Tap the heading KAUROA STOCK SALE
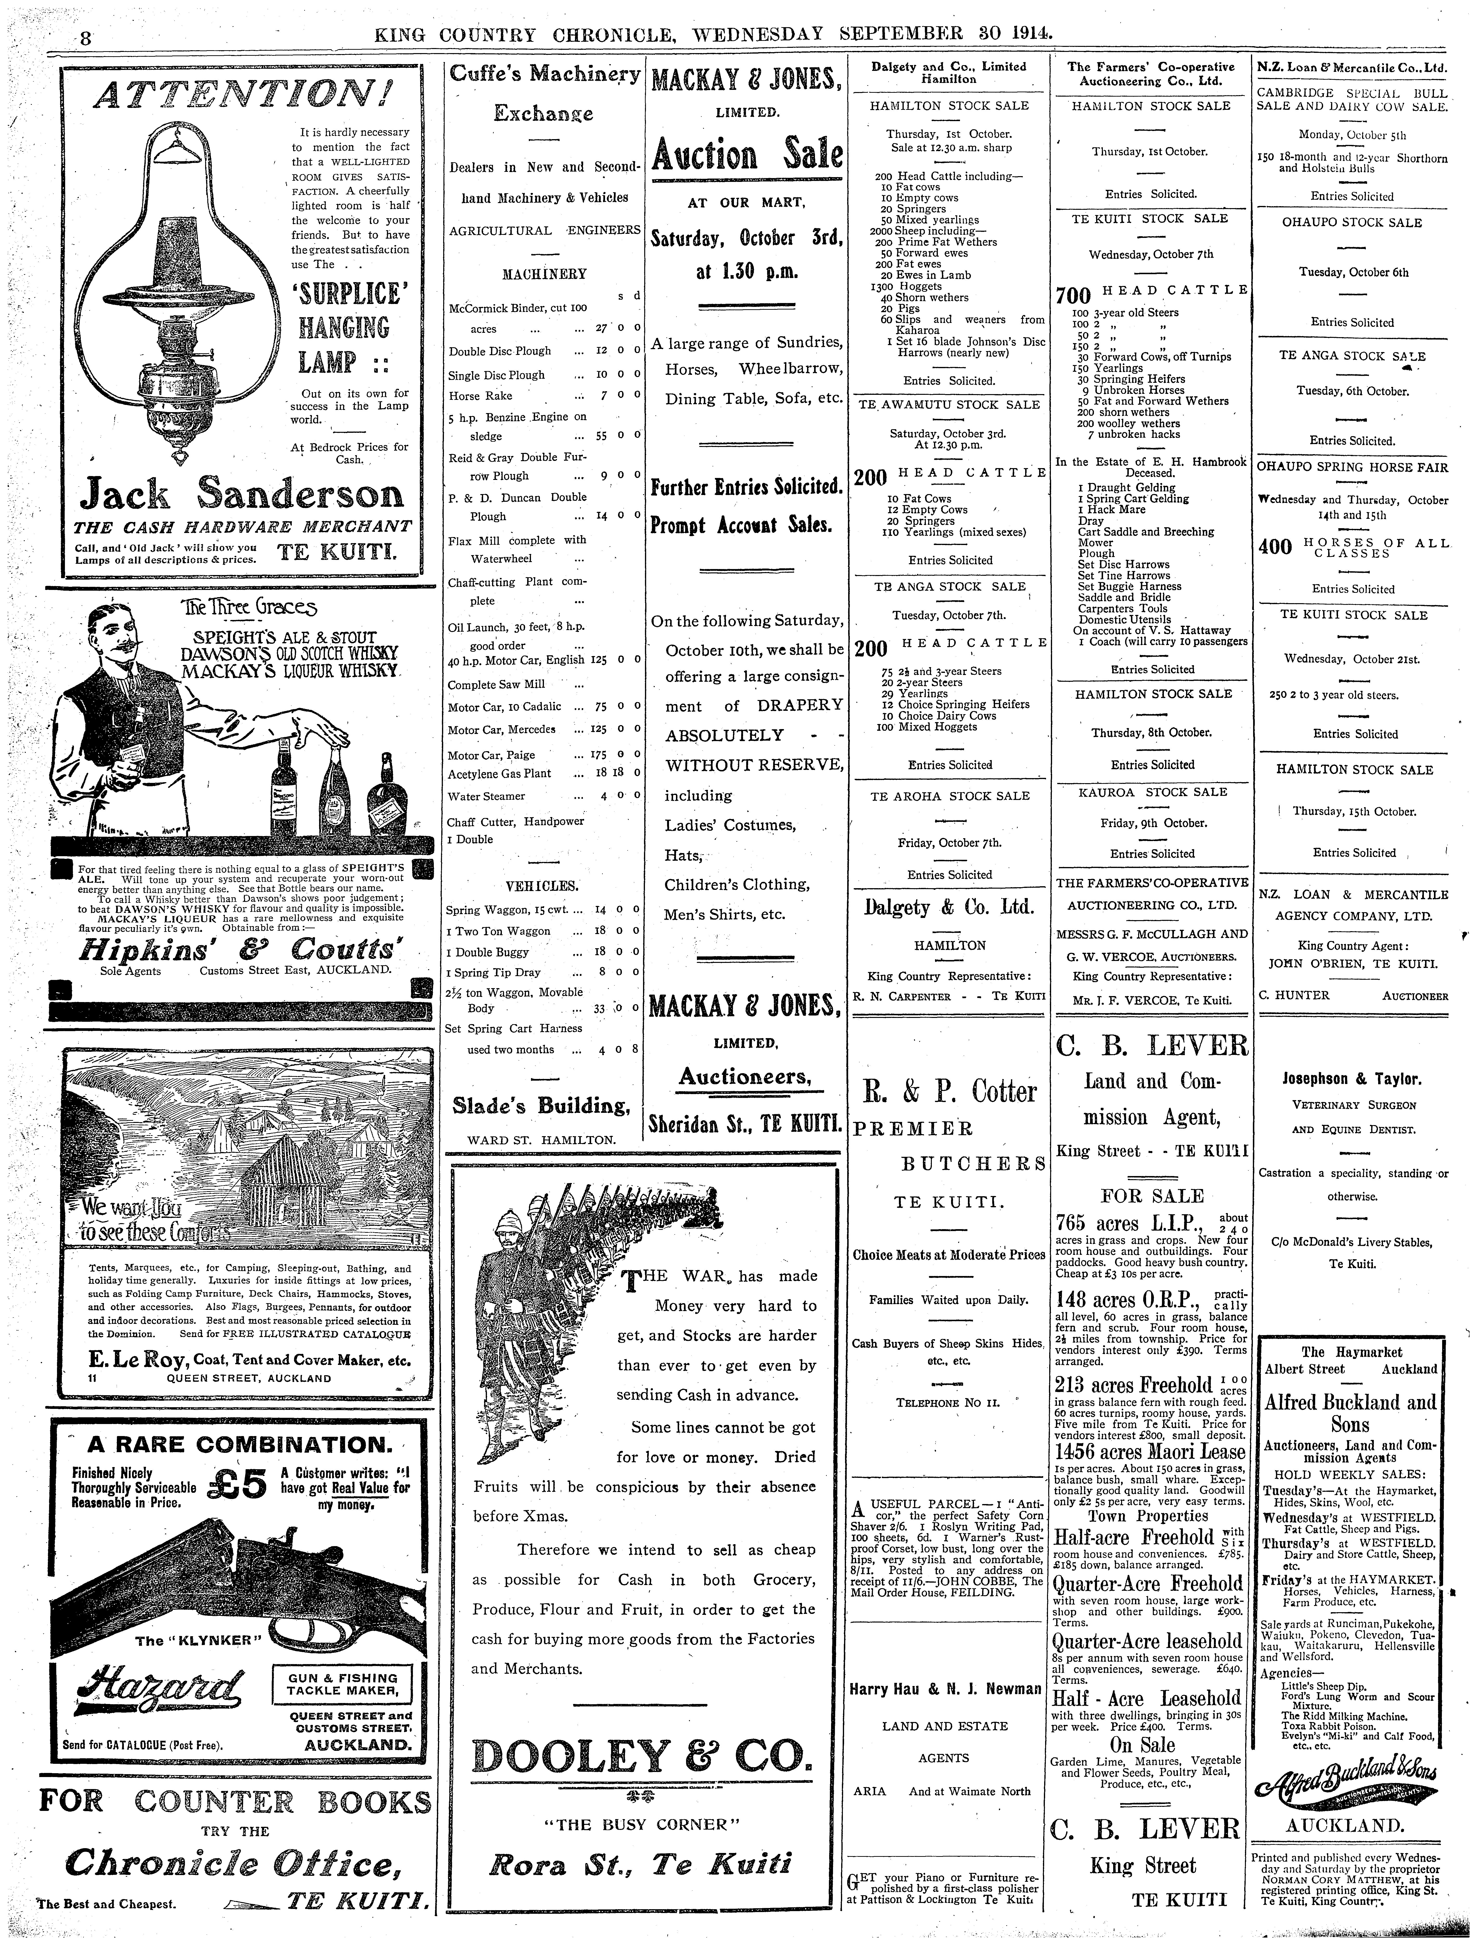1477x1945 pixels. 1152,791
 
